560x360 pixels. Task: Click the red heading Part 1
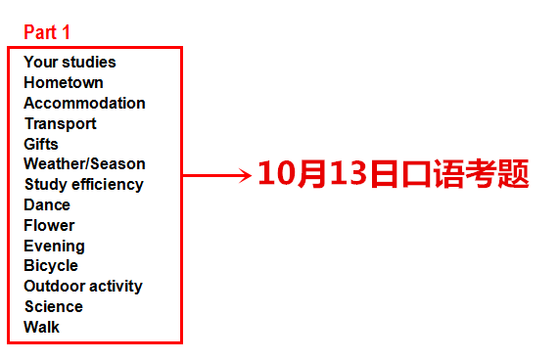coord(47,32)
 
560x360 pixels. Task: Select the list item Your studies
coord(70,63)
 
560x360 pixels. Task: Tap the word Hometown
coord(64,83)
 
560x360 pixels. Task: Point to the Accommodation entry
coord(84,104)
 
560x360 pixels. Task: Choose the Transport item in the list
coord(60,124)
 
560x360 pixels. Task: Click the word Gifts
coord(41,144)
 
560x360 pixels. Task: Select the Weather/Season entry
coord(84,164)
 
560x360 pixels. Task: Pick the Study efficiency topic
coord(83,185)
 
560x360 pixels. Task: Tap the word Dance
coord(47,205)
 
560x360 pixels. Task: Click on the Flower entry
coord(49,226)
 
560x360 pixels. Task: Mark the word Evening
coord(54,247)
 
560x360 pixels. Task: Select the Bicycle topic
coord(51,266)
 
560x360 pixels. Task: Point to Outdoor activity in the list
coord(83,287)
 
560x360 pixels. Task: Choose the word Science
coord(53,307)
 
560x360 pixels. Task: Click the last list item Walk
coord(41,328)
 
